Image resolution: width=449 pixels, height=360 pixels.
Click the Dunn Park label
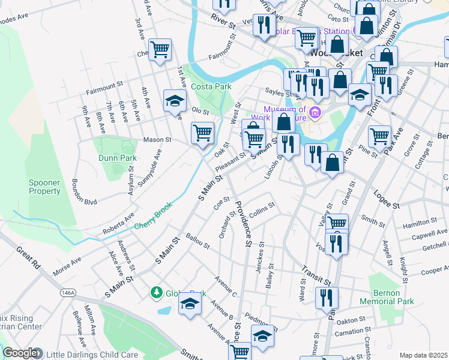118,158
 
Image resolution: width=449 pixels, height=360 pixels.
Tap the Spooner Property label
45,187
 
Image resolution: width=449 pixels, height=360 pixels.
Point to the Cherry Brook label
153,215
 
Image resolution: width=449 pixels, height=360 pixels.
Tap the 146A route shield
68,293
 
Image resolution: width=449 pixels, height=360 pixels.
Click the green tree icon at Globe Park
157,292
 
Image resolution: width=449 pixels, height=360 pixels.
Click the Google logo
20,353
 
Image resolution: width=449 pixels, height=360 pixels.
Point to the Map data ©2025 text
423,355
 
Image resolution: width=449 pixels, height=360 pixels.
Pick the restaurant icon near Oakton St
327,296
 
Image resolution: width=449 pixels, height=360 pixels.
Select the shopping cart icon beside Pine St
379,136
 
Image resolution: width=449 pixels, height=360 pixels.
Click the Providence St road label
243,223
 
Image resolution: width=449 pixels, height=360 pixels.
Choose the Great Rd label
28,260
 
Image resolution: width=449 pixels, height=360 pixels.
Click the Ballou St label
197,241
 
